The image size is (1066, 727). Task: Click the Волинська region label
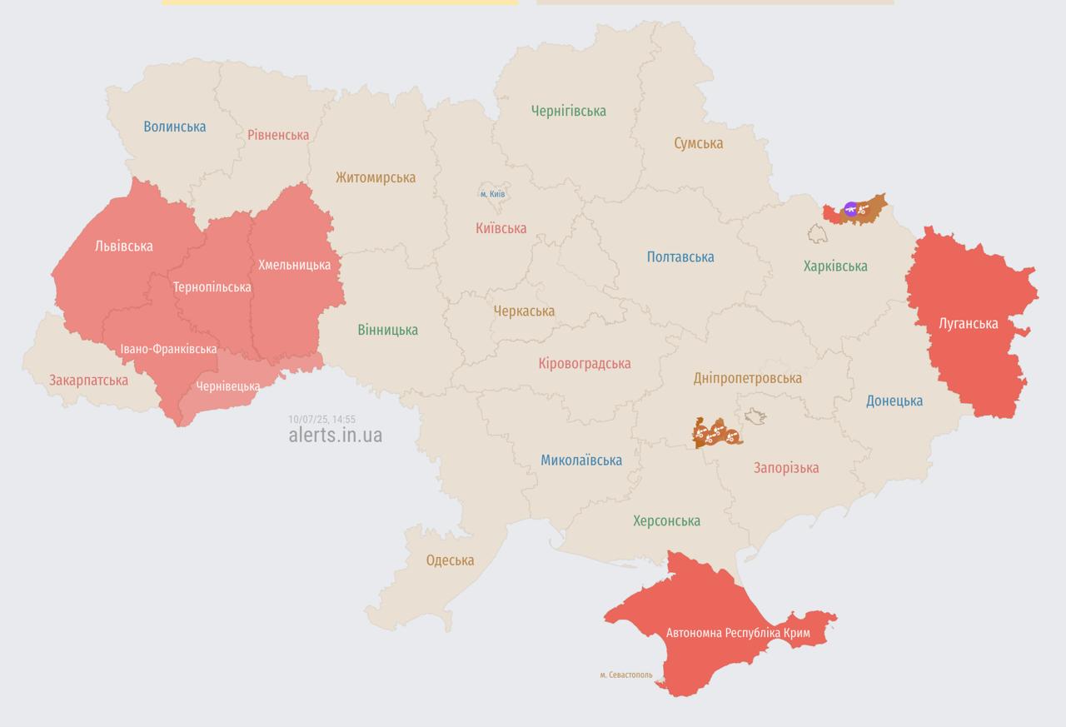174,127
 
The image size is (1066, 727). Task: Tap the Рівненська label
277,135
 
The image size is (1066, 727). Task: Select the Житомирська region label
376,177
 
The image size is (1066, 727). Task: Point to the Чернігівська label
568,111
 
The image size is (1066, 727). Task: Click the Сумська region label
698,143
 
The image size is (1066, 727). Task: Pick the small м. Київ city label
493,194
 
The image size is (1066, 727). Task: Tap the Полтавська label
680,257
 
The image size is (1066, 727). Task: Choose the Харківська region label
834,266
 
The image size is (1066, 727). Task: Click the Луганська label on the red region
968,323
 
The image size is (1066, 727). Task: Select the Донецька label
894,401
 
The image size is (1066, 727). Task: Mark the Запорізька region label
785,468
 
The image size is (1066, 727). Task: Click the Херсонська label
666,521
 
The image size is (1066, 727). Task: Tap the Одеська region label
450,560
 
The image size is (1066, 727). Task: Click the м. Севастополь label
626,675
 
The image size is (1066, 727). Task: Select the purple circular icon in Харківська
850,209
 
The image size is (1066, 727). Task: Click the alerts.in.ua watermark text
335,435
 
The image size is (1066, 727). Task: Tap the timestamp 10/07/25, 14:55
321,420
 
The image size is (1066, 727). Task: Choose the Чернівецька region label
228,386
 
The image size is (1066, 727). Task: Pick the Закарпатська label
88,381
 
